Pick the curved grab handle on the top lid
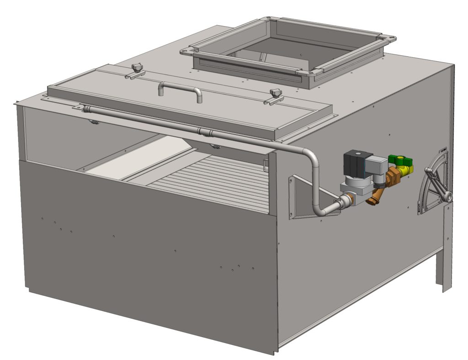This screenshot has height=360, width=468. point(180,88)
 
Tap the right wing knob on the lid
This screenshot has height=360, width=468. point(275,94)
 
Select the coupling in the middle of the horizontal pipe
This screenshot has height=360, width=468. point(205,132)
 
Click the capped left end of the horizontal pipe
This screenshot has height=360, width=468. point(85,108)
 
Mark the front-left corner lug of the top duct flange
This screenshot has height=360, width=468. point(187,51)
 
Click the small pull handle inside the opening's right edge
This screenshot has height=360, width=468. point(266,165)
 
